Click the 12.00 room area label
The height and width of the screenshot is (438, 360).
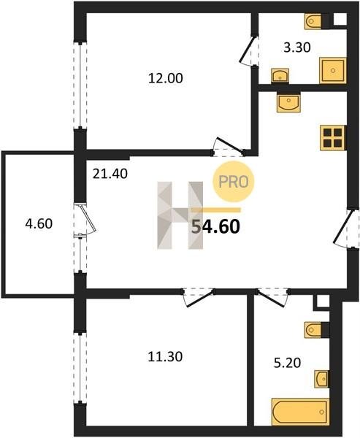(166, 78)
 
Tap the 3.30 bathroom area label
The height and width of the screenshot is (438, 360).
(296, 47)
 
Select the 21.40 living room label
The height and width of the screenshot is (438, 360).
(110, 174)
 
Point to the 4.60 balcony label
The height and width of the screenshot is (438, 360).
(39, 224)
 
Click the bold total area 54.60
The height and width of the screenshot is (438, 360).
(215, 226)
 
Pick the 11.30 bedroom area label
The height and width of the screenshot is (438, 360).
(165, 357)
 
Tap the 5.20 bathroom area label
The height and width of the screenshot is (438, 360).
(287, 363)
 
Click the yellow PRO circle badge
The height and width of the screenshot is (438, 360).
(234, 182)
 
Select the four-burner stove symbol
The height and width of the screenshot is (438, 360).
(333, 138)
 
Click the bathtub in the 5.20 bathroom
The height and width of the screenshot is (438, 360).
(300, 412)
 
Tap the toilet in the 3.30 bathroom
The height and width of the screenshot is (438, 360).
(313, 21)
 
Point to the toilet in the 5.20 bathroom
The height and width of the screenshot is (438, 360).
(313, 330)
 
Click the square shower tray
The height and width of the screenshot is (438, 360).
(333, 70)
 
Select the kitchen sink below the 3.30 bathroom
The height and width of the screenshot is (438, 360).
(288, 103)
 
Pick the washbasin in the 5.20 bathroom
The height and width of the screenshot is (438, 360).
(321, 379)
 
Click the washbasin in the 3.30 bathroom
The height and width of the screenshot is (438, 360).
(280, 75)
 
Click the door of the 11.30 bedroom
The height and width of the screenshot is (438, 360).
(199, 298)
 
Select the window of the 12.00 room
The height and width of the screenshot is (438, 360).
(80, 85)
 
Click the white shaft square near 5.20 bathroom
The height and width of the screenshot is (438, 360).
(323, 301)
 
